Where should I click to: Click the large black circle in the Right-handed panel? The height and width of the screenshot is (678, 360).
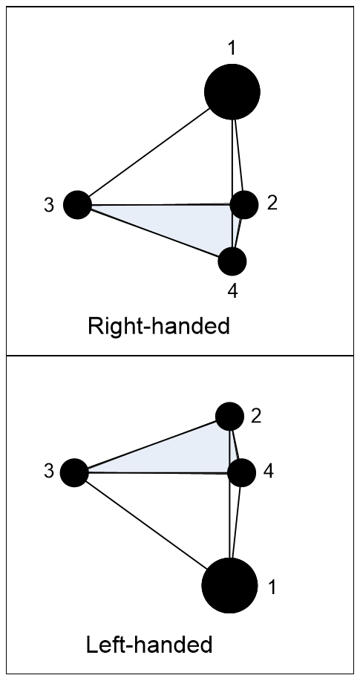232,91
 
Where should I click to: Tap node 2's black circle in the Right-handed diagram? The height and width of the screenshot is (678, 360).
244,204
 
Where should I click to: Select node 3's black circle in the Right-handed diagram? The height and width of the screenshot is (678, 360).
77,204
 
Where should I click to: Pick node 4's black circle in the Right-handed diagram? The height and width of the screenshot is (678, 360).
232,261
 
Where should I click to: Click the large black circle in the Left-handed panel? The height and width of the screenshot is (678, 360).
229,585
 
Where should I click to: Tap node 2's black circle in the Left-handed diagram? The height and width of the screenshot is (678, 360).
229,417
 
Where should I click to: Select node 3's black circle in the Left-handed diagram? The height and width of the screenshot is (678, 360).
74,472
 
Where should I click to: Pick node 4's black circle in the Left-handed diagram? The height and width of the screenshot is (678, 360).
241,472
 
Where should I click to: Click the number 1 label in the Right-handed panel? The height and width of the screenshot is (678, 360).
232,48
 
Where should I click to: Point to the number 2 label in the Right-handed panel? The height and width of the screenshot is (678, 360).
272,203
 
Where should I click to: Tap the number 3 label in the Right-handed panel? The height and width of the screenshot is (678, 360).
49,206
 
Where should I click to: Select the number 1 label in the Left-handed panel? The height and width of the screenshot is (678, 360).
272,587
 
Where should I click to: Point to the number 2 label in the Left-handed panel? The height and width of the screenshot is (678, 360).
256,417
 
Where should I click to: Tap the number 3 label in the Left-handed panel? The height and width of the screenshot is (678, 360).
49,471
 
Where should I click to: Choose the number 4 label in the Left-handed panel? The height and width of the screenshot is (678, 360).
269,471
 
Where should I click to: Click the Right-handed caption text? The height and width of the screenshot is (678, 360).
159,326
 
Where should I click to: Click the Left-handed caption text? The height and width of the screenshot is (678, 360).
149,645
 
